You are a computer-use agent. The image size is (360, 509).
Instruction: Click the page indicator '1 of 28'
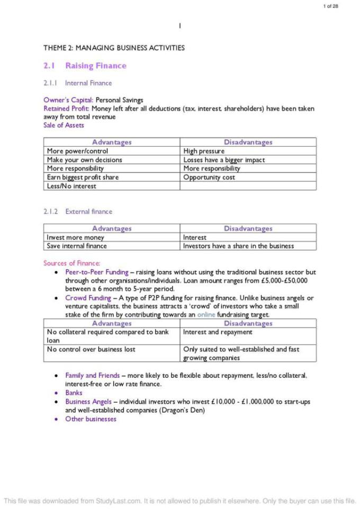[330, 6]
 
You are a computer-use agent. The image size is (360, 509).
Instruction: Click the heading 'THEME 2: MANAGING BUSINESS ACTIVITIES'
[114, 48]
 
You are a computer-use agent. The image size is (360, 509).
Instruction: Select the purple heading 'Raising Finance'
[96, 66]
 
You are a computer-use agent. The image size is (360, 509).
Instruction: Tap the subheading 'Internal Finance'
[88, 83]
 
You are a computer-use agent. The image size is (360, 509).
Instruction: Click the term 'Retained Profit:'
[67, 108]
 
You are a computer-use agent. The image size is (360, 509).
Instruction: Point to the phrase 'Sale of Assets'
[64, 125]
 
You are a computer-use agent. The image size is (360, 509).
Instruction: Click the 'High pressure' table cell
[204, 151]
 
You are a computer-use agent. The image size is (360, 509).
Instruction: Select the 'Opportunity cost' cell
[209, 177]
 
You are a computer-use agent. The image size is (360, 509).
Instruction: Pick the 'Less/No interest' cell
[71, 186]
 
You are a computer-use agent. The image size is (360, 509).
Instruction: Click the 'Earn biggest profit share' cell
[83, 177]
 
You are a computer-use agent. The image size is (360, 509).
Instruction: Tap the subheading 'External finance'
[89, 212]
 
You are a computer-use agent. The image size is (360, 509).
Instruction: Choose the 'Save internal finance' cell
[77, 246]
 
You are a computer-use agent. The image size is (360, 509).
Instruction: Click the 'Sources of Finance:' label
[71, 263]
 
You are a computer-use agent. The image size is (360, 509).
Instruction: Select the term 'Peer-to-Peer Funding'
[97, 272]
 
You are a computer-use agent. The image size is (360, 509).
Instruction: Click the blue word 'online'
[206, 315]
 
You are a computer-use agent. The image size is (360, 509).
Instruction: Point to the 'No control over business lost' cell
[91, 349]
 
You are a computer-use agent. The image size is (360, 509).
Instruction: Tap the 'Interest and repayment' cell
[218, 332]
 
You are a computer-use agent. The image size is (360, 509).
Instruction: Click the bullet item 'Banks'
[74, 393]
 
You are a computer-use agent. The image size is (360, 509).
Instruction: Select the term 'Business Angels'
[88, 402]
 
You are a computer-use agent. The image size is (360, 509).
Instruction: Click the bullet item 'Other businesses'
[91, 419]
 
